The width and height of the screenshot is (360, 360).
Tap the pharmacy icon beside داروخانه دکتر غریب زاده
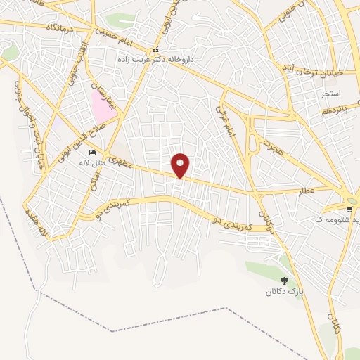(155, 50)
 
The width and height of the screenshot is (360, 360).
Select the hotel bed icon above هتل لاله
(92, 153)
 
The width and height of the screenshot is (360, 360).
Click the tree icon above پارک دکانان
(284, 280)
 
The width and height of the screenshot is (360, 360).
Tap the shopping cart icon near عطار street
(349, 210)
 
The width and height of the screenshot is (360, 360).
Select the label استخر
(330, 94)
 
